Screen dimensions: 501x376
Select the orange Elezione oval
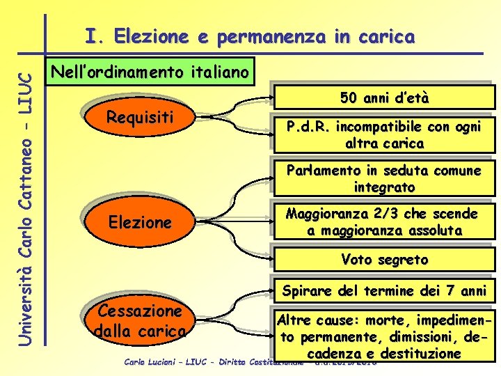(140, 223)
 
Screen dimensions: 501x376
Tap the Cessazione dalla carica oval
(140, 320)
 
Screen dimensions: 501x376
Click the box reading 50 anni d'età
(384, 98)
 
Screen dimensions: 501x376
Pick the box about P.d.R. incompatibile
(384, 135)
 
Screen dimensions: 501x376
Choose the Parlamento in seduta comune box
(384, 179)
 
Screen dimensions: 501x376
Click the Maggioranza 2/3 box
(384, 221)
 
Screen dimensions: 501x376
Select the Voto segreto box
(384, 259)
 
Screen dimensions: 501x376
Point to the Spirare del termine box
(384, 290)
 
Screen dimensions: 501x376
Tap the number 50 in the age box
(349, 98)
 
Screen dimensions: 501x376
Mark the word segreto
(403, 259)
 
